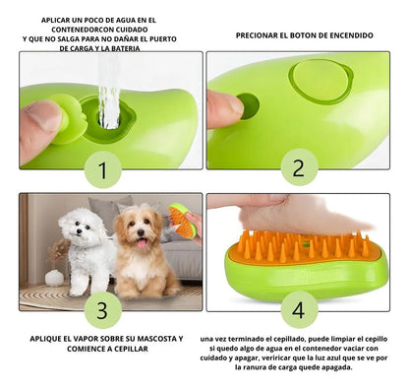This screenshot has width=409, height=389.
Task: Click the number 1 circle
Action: (102, 171)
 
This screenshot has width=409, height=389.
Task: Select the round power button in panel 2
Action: (249, 105)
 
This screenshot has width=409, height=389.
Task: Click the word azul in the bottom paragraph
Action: (325, 370)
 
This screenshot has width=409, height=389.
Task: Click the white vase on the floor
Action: (54, 278)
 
